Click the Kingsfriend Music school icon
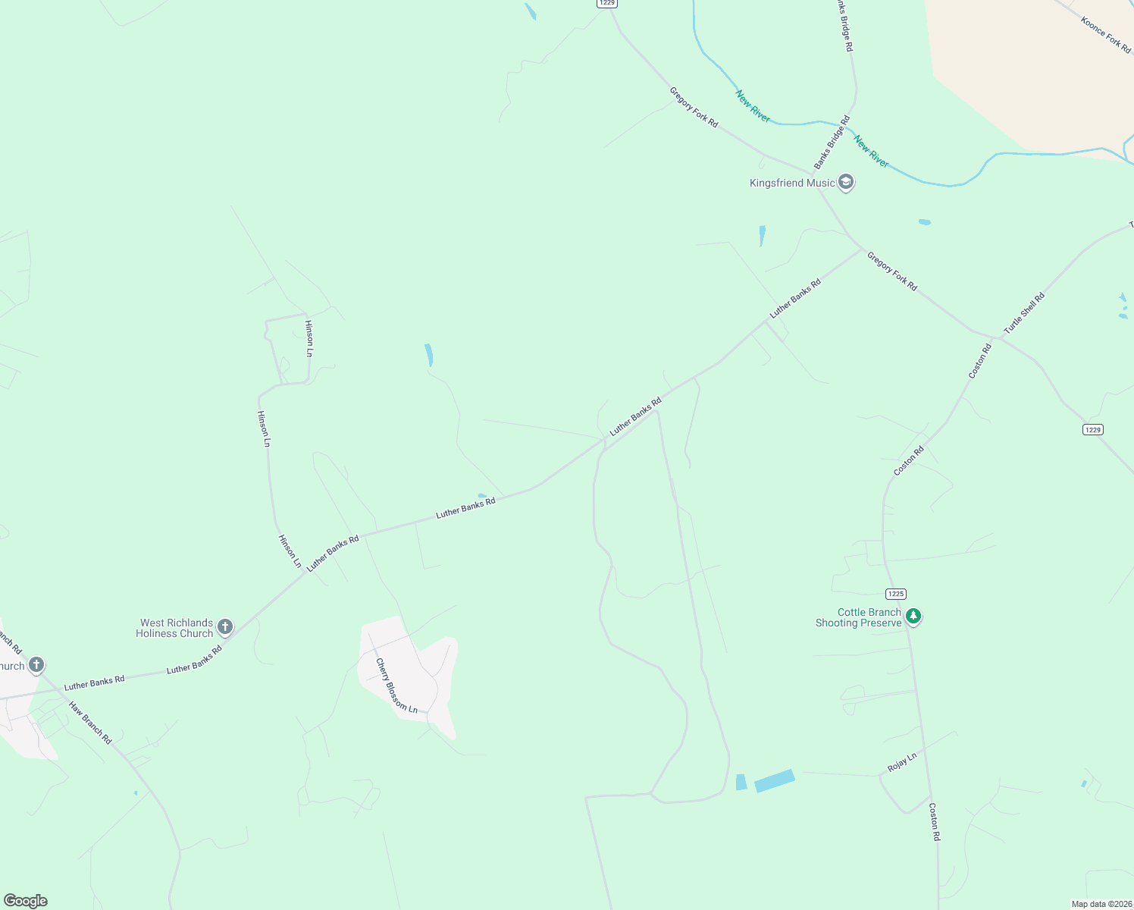tap(846, 183)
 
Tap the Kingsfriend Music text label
tap(791, 183)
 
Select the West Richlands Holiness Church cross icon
tap(224, 627)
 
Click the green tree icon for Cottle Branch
tap(913, 617)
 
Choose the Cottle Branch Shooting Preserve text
tap(858, 617)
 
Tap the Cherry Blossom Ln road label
tap(396, 686)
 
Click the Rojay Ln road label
tap(902, 762)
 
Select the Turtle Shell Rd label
tap(1024, 313)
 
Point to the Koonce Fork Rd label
tap(1105, 36)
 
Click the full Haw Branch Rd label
tap(90, 723)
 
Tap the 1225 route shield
tap(895, 594)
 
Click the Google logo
tap(26, 901)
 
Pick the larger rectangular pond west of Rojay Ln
tap(774, 780)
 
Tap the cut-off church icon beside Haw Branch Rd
tap(36, 666)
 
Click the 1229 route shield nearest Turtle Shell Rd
tap(1092, 430)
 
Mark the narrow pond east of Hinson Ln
tap(428, 354)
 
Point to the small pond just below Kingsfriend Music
tap(762, 236)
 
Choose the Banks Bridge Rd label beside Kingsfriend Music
tap(832, 143)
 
